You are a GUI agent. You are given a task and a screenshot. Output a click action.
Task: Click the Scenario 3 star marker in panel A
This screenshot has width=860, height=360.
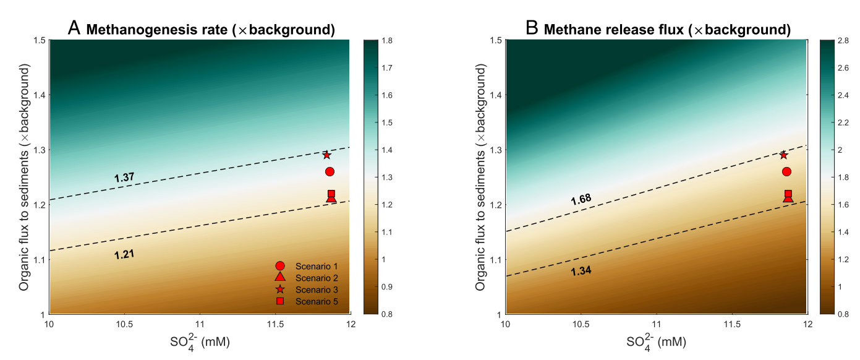tap(326, 155)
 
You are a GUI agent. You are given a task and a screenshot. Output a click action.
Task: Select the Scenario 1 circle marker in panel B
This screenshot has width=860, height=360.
tap(786, 171)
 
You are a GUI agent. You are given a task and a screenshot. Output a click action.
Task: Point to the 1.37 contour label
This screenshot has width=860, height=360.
tap(124, 178)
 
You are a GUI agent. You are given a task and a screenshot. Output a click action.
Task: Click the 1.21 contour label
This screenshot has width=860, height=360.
tap(124, 254)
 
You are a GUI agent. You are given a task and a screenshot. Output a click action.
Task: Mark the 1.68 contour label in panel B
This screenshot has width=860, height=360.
tap(581, 199)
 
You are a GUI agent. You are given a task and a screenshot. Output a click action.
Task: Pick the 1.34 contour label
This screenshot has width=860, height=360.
tap(581, 270)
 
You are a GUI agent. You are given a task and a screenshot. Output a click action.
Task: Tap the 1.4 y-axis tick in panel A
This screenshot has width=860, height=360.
tap(38, 95)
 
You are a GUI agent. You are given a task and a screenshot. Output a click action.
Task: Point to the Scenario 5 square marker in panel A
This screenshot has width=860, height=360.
tap(331, 194)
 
